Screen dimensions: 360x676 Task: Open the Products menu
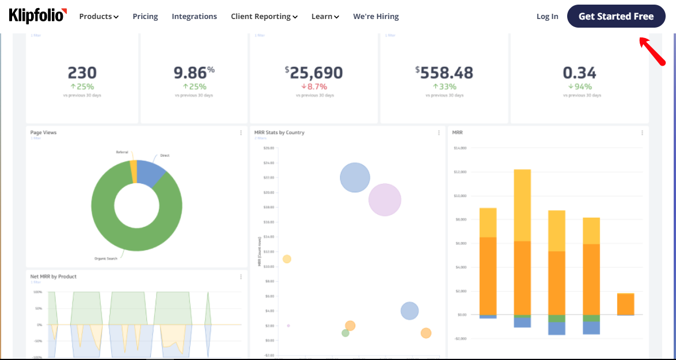(x=98, y=17)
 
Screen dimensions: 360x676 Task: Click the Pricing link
(x=145, y=17)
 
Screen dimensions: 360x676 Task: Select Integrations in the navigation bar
(x=194, y=17)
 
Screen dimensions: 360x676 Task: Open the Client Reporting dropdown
(x=264, y=17)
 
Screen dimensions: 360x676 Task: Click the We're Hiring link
(x=375, y=17)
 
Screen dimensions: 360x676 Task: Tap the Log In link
(x=547, y=17)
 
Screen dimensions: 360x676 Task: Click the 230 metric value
(x=82, y=73)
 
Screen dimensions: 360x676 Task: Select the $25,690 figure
(x=314, y=73)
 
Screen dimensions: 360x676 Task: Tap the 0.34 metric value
(x=579, y=73)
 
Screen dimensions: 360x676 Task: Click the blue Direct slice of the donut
(x=151, y=172)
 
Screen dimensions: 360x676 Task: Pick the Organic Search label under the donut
(x=105, y=259)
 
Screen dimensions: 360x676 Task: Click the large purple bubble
(x=385, y=199)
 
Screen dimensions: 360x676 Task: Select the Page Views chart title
(x=43, y=132)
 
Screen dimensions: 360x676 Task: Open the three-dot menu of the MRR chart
(x=643, y=133)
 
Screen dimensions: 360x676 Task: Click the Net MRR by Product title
(x=53, y=276)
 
